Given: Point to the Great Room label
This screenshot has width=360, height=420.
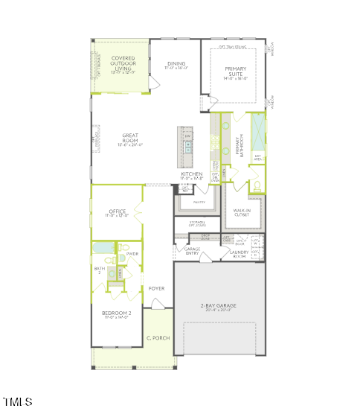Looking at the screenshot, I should coord(130,139).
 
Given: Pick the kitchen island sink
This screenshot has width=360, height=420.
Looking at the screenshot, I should coord(187,147).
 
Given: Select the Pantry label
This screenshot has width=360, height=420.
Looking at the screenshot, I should coord(199,202).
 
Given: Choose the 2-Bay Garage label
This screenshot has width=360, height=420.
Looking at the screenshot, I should coord(218,307).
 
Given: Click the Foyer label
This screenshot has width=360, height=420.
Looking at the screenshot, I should coord(156,287).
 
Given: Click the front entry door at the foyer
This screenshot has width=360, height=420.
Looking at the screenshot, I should coord(157,304).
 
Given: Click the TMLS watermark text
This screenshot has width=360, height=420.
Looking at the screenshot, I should coord(18,402).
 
